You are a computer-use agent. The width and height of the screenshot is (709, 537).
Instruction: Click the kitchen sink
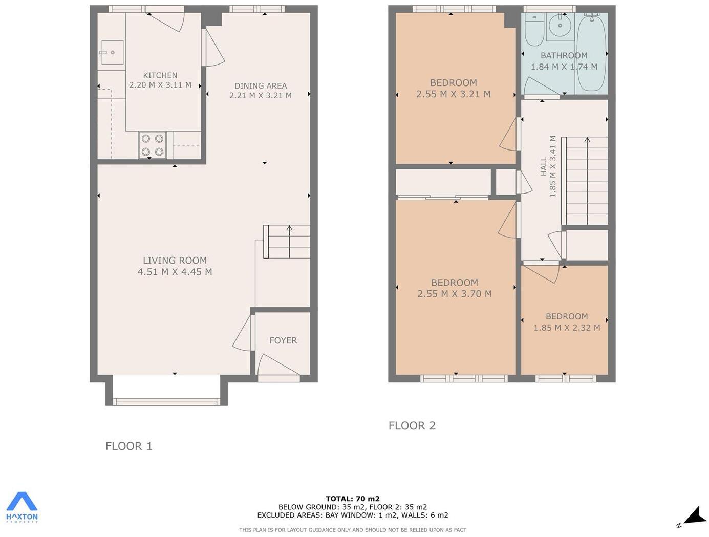[x=112, y=52]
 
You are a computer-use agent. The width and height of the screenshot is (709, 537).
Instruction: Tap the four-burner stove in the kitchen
[x=153, y=145]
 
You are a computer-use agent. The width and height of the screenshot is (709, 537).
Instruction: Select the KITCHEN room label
[x=160, y=75]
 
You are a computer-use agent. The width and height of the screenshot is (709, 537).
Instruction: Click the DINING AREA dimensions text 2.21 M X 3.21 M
[x=261, y=95]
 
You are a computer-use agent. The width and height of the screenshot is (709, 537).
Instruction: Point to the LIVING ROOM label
[x=175, y=261]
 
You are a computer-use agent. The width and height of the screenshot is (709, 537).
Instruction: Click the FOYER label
[x=283, y=340]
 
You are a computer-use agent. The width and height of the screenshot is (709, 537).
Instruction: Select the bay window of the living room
[x=166, y=401]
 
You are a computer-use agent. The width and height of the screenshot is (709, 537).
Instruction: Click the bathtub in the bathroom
[x=591, y=54]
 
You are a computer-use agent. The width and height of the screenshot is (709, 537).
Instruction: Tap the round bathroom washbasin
[x=560, y=25]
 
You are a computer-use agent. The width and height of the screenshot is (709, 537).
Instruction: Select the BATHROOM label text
[x=564, y=55]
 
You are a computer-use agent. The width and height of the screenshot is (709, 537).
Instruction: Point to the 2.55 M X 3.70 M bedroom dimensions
[x=455, y=294]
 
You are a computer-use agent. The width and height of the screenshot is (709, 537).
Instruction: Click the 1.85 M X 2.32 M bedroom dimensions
[x=567, y=328]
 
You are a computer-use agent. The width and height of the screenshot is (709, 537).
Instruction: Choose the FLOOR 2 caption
[x=412, y=425]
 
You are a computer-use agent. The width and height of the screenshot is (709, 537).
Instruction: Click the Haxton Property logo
[x=22, y=507]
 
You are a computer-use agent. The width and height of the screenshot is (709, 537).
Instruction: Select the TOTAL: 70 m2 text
[x=353, y=499]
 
